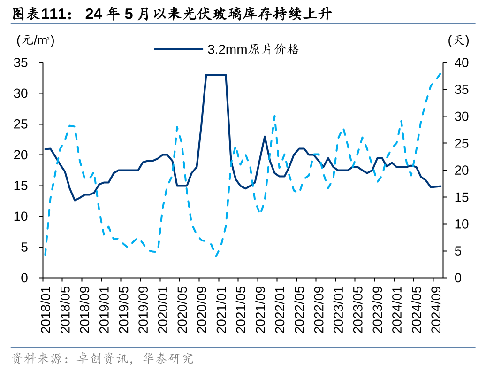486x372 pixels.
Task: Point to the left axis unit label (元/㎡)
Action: point(36,41)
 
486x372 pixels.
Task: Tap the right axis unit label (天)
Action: point(458,41)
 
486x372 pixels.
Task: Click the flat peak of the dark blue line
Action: point(216,75)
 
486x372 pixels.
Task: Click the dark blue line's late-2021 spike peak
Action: point(265,137)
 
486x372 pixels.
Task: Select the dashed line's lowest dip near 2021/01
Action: point(216,256)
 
